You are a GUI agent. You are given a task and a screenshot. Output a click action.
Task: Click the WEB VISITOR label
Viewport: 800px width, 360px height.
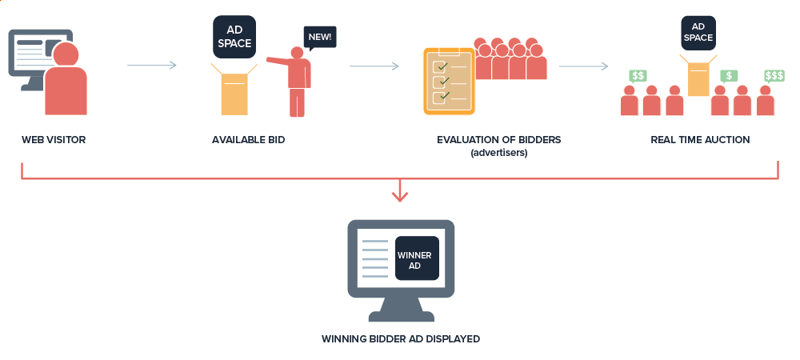click(54, 140)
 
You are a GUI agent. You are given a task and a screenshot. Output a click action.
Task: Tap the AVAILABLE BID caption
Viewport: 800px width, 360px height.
click(248, 140)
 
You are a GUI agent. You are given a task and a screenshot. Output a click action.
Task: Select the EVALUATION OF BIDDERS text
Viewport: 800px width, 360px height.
click(498, 140)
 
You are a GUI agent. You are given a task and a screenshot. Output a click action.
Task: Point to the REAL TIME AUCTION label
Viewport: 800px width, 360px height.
click(700, 140)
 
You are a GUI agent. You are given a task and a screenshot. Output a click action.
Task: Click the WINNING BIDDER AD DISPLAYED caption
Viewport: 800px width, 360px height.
click(400, 339)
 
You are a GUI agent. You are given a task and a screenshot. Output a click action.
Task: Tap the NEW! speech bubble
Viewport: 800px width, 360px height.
click(318, 37)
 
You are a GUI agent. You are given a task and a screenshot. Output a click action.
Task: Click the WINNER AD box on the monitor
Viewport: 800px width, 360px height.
click(417, 258)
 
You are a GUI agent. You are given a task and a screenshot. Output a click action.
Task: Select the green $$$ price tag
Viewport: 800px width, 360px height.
click(774, 76)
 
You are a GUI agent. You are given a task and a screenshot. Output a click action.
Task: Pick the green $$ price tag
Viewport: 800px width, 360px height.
click(638, 76)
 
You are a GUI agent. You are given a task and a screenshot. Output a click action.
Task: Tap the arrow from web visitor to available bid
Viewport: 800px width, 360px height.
click(151, 66)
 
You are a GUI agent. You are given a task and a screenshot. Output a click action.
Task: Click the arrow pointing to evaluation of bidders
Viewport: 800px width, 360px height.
click(374, 66)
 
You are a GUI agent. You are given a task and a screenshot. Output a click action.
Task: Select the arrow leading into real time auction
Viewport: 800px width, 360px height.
click(583, 66)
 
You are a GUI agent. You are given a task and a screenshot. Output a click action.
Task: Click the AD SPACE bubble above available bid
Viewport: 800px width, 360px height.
click(234, 37)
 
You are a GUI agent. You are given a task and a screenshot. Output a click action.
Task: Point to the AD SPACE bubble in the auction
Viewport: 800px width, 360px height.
click(698, 33)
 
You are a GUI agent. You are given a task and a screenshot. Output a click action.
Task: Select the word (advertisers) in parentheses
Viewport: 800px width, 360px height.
click(498, 152)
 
